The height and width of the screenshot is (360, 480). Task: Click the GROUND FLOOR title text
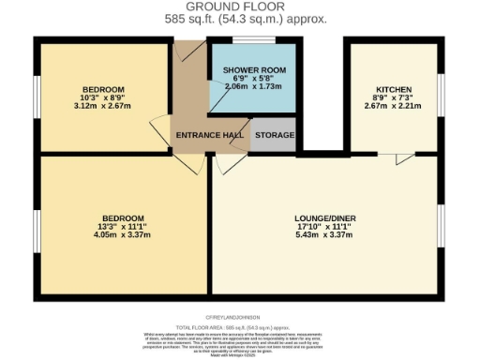click(240, 7)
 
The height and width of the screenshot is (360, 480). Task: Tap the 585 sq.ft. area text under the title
click(240, 19)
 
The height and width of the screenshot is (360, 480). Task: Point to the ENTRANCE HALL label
click(210, 136)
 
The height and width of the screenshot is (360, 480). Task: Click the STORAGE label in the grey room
click(275, 136)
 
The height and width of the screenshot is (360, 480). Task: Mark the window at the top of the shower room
click(253, 40)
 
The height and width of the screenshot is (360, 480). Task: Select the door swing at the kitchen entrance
click(403, 161)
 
